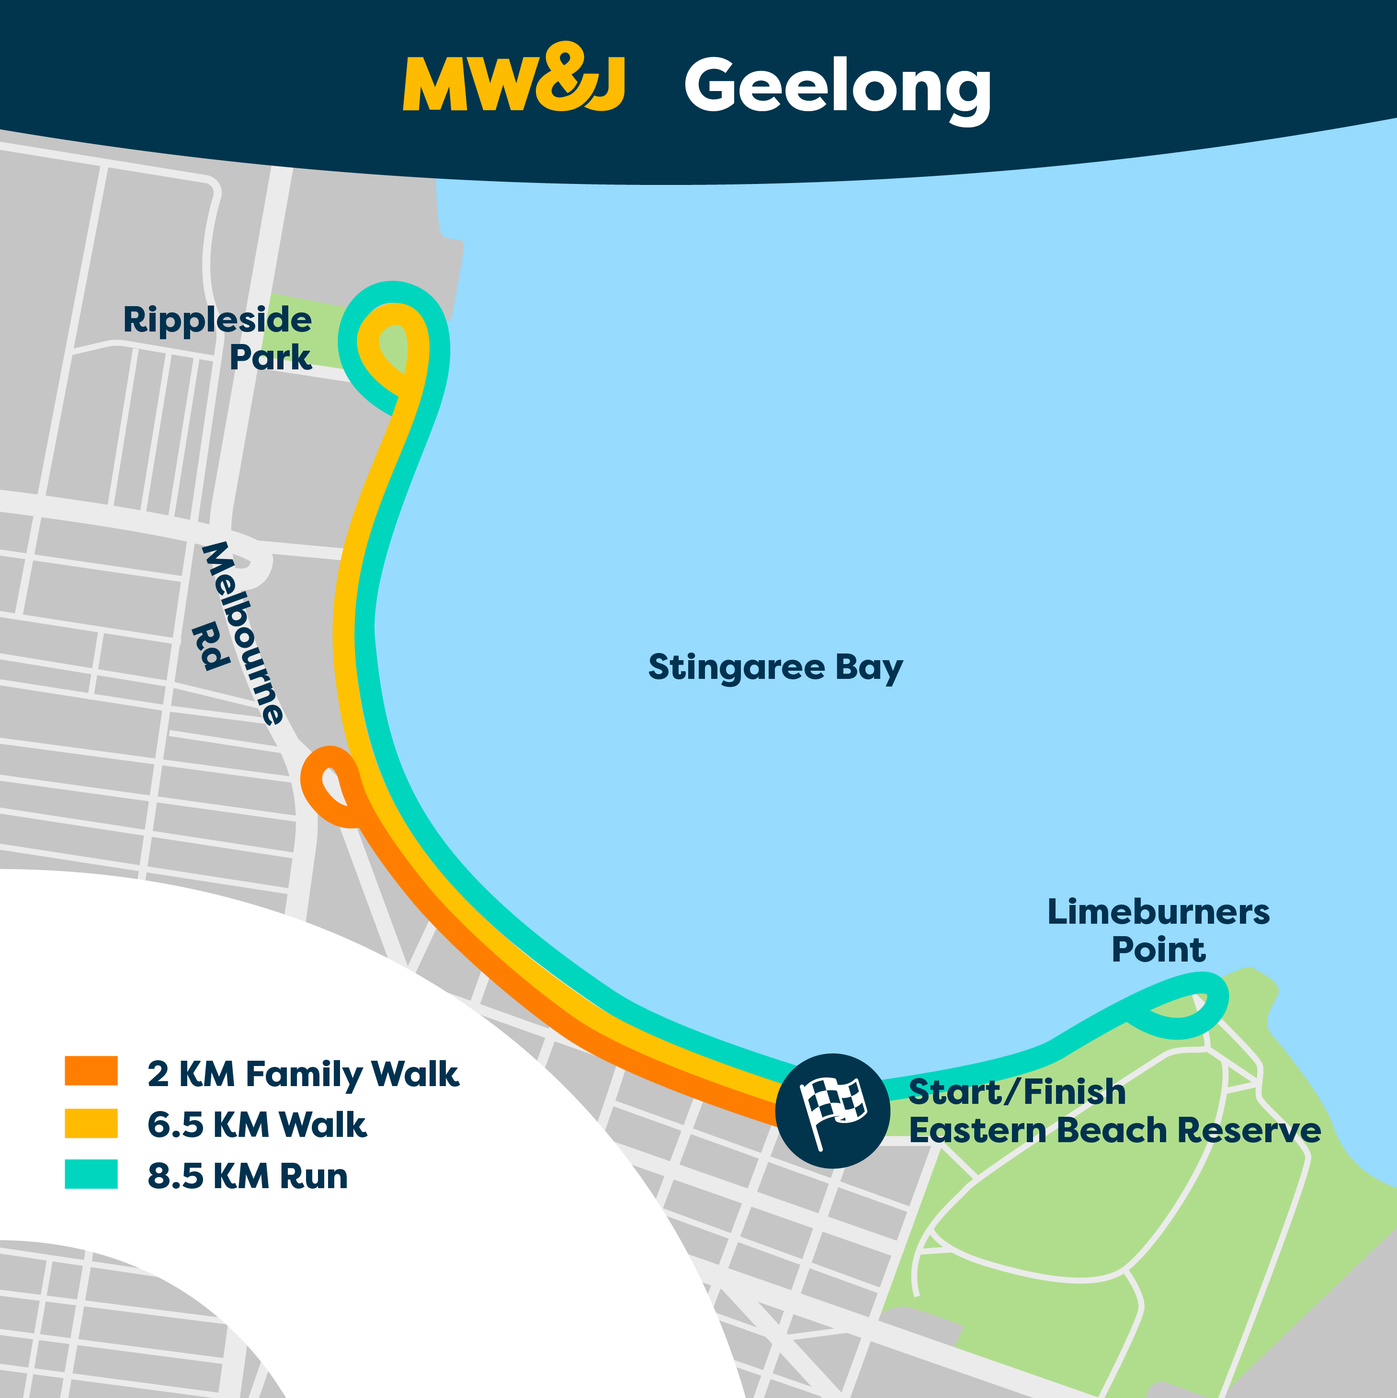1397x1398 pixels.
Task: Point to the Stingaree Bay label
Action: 775,667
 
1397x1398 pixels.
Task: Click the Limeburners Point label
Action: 1158,930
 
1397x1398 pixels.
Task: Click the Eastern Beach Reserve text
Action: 1114,1130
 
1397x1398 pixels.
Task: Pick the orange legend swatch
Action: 91,1070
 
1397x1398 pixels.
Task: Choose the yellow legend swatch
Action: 91,1123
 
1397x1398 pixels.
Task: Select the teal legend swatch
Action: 91,1174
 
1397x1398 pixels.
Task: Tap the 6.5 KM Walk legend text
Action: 257,1124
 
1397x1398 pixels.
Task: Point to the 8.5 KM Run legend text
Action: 248,1176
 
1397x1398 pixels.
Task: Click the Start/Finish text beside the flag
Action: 1016,1092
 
